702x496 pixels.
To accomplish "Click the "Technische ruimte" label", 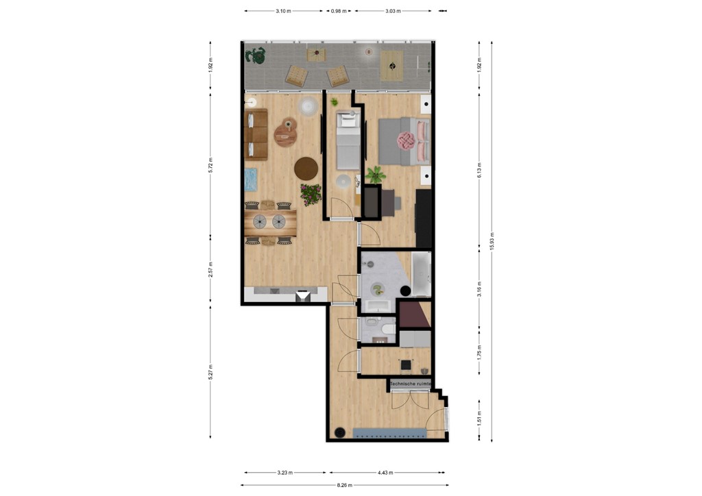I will coord(410,384).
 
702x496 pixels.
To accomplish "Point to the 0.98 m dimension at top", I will coord(339,12).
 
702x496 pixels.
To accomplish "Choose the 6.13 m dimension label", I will coord(479,169).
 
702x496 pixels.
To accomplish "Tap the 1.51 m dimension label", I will coord(479,417).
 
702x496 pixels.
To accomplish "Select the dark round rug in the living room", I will coord(306,167).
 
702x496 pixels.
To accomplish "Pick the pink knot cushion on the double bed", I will coord(404,140).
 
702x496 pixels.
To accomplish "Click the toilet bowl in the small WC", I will coord(387,331).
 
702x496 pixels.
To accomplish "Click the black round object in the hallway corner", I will coord(339,432).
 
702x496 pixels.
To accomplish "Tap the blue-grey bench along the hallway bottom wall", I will coord(389,432).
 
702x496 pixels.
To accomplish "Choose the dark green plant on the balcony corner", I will coord(257,55).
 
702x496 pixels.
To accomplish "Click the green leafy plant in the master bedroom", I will coord(374,175).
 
